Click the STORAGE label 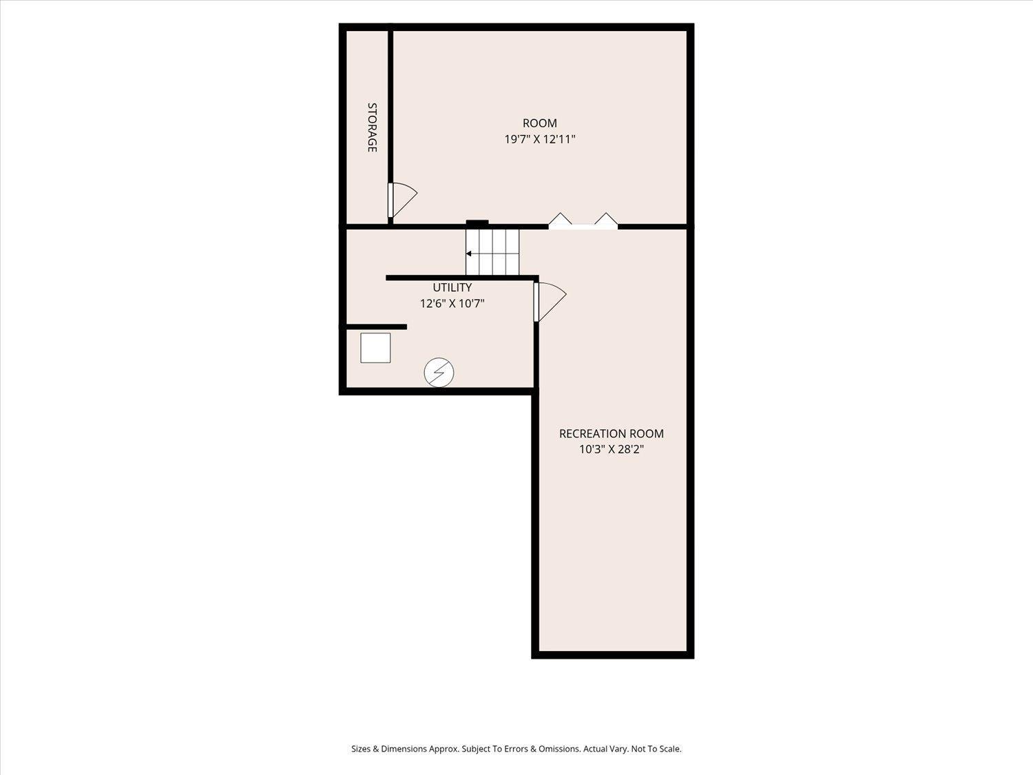(x=372, y=127)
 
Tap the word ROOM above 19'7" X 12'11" (x=540, y=123)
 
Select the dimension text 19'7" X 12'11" (x=540, y=139)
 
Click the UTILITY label (x=452, y=287)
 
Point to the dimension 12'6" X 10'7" (x=452, y=304)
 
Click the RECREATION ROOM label (x=612, y=433)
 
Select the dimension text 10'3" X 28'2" (x=612, y=449)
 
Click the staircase (x=492, y=252)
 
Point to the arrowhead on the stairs (x=469, y=254)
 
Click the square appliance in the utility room (x=375, y=348)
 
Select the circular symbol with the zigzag (x=439, y=373)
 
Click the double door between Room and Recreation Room (x=583, y=221)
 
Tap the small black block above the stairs (x=477, y=223)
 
